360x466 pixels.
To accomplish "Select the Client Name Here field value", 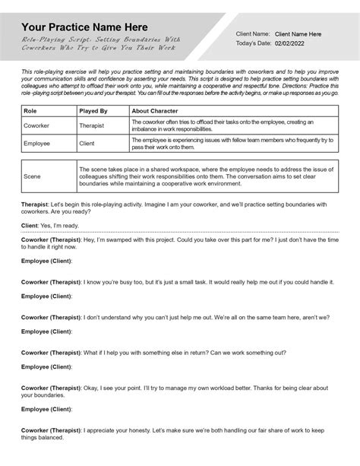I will click(x=298, y=34).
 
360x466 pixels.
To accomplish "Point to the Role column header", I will click(x=31, y=110).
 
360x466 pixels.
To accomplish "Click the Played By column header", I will click(x=93, y=110).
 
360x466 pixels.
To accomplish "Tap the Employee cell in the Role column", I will click(x=38, y=143).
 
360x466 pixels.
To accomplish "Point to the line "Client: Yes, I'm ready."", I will click(x=49, y=226).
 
